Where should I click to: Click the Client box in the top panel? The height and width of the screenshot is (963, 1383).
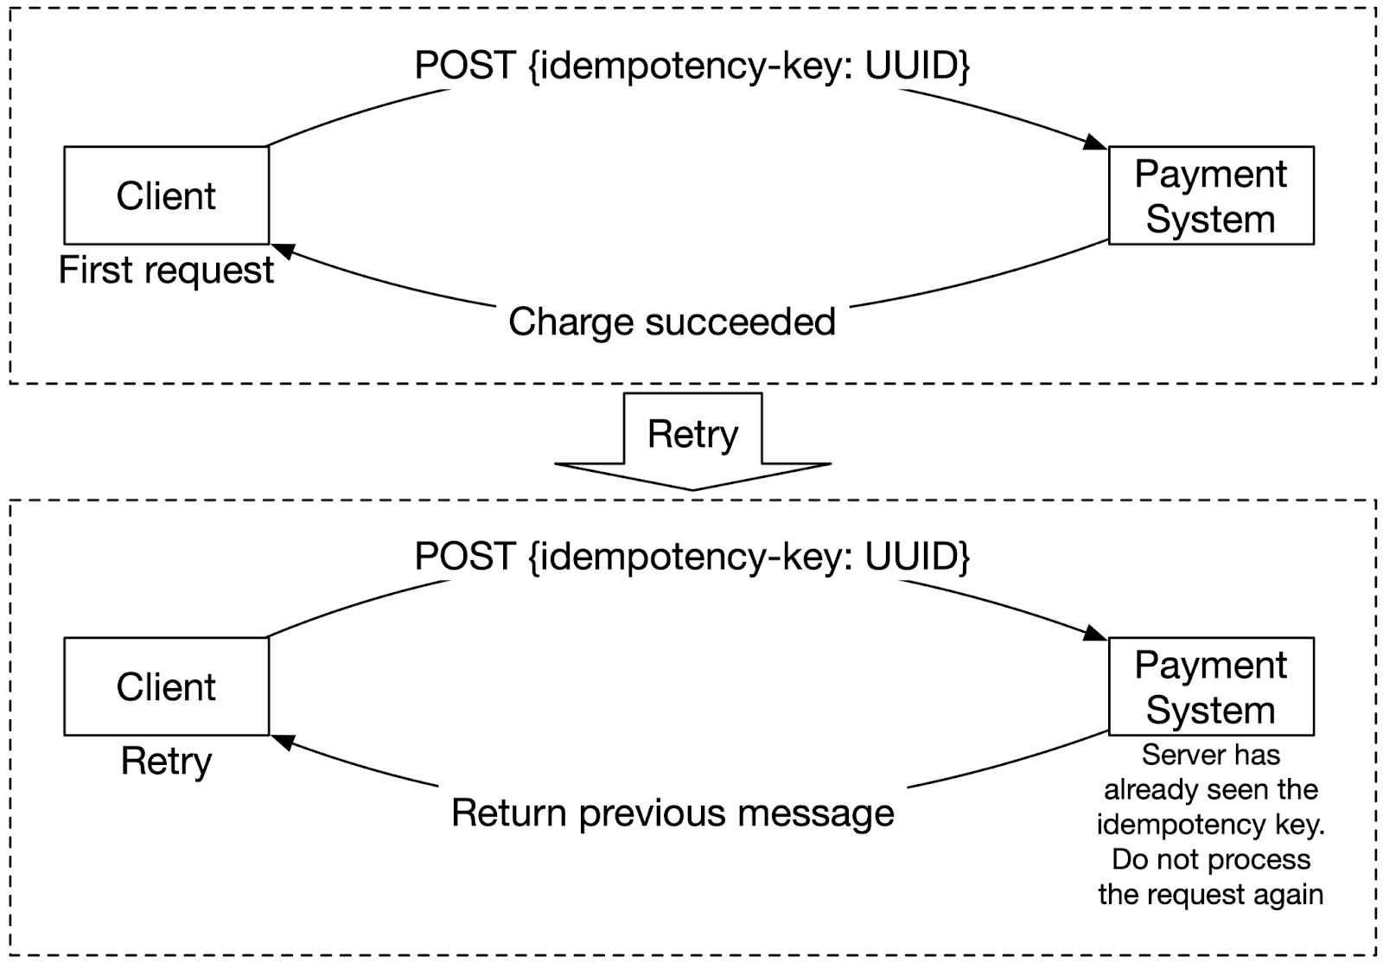click(x=166, y=195)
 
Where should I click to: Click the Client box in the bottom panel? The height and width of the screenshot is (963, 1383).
click(x=166, y=686)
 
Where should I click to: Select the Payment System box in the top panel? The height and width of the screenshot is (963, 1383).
click(x=1210, y=195)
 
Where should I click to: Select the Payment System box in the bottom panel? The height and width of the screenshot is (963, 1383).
click(x=1210, y=686)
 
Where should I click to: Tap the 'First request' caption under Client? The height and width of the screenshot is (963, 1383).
click(x=166, y=271)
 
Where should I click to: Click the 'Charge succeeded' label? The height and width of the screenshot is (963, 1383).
click(x=672, y=322)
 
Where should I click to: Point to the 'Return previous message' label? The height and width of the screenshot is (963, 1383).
click(x=672, y=813)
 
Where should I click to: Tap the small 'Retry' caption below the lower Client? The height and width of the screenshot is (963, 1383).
click(x=166, y=762)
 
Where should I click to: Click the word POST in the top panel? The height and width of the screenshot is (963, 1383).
click(x=465, y=66)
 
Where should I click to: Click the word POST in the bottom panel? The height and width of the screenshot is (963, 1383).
click(x=465, y=556)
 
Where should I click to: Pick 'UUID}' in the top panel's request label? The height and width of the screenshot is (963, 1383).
click(x=917, y=66)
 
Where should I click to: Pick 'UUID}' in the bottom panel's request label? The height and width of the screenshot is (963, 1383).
click(x=917, y=556)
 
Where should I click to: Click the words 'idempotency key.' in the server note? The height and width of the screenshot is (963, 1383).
click(x=1210, y=825)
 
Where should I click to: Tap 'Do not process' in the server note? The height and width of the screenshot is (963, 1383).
click(x=1210, y=859)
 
